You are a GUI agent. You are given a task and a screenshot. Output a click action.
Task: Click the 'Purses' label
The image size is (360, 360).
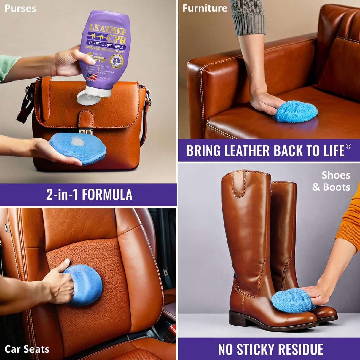pyautogui.click(x=20, y=8)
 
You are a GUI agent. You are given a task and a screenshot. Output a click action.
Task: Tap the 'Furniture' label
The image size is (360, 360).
pyautogui.click(x=205, y=8)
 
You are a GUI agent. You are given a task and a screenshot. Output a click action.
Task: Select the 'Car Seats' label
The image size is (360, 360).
pyautogui.click(x=27, y=349)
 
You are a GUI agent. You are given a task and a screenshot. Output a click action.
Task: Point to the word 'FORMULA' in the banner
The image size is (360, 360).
pyautogui.click(x=107, y=195)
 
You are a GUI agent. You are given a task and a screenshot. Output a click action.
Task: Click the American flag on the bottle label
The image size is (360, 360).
pyautogui.click(x=92, y=77)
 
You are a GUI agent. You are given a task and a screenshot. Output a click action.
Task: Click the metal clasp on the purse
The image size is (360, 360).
pyautogui.click(x=86, y=132)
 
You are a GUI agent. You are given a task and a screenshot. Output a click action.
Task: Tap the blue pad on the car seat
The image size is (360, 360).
pyautogui.click(x=84, y=285)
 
